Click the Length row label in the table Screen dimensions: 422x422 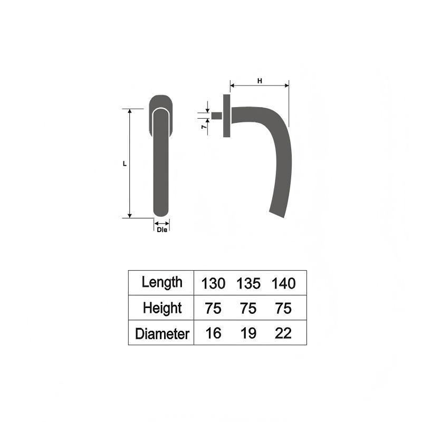162,282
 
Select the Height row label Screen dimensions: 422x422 162,308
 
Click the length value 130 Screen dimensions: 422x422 213,283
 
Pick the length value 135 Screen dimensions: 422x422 248,283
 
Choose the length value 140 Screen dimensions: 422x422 283,283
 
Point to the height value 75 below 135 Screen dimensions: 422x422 248,308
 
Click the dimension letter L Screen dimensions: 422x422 124,164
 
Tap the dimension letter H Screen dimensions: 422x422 259,81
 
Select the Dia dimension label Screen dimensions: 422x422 162,229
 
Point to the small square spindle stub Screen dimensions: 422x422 217,116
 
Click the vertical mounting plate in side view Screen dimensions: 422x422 227,116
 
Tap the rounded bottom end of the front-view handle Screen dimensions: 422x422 161,213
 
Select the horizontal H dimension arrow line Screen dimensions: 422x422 259,85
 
